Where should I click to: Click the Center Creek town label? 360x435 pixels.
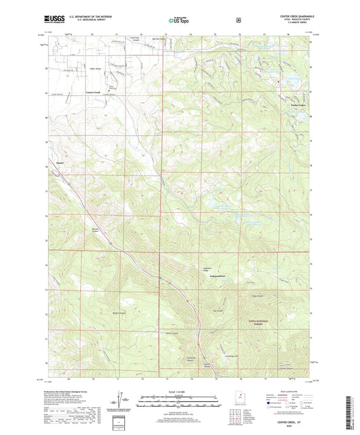click(x=93, y=93)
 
